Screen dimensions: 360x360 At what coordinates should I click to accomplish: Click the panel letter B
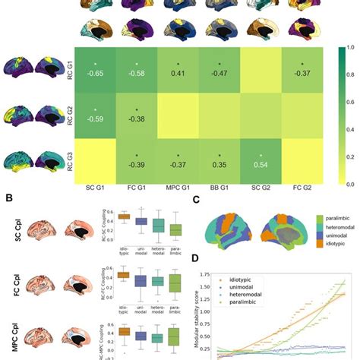(x=6, y=199)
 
